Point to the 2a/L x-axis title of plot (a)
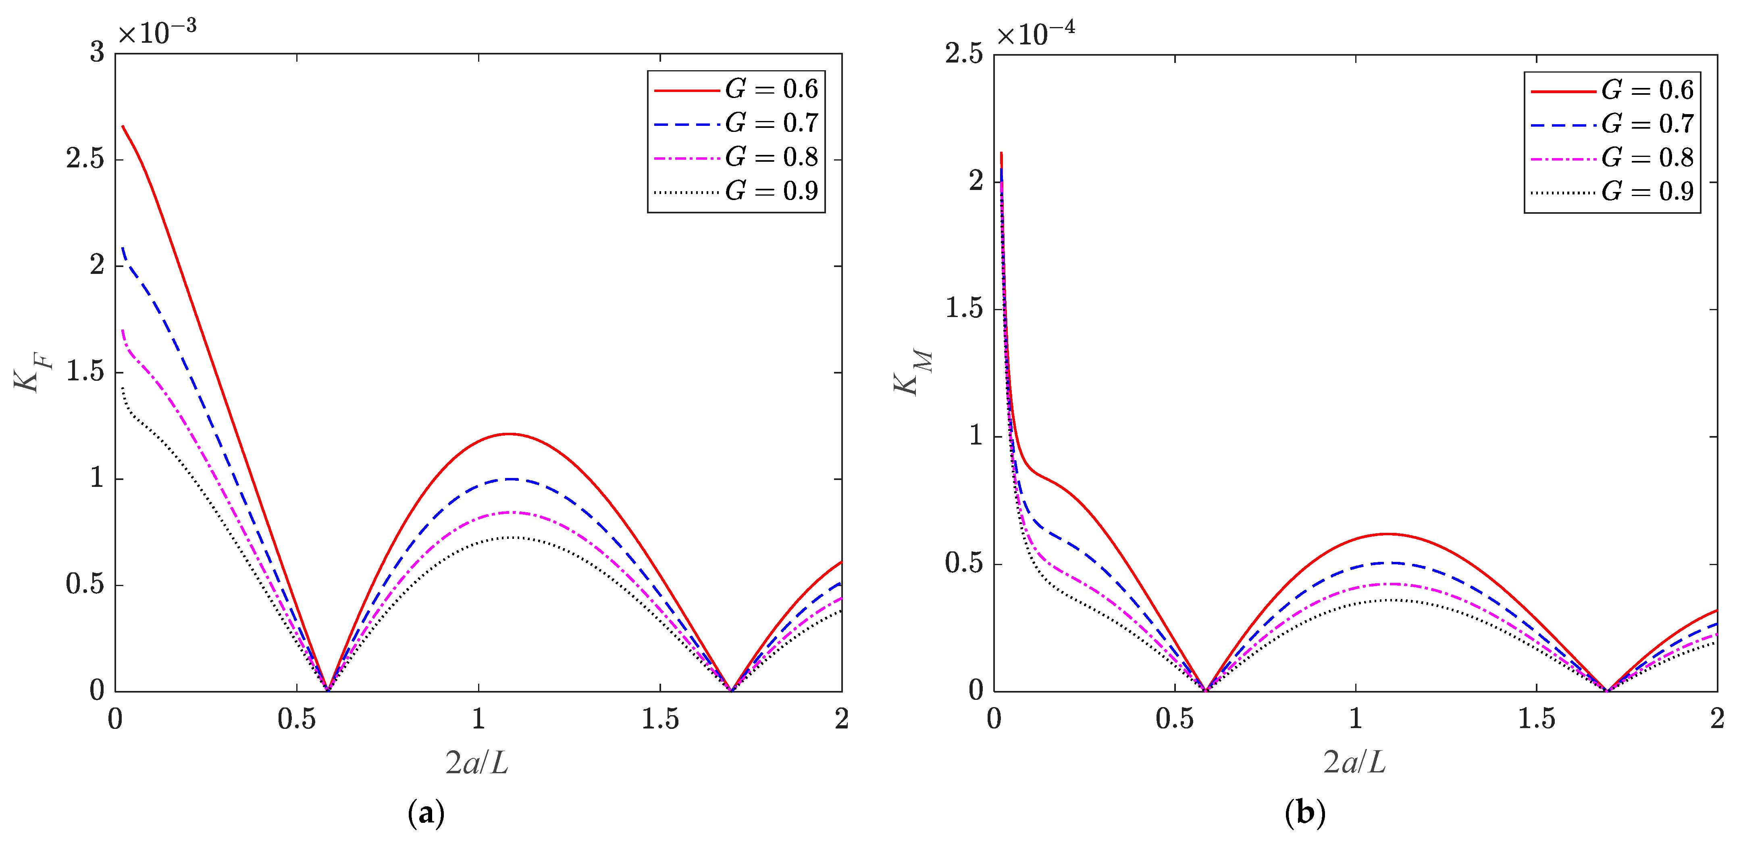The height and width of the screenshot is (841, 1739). (x=476, y=763)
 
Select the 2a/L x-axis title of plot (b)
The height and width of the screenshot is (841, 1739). (x=1354, y=763)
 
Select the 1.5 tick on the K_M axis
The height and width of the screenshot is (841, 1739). (x=964, y=309)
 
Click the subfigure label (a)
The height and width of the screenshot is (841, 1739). (x=426, y=813)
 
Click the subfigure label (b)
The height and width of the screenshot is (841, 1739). (x=1304, y=813)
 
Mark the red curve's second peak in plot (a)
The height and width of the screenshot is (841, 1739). (x=509, y=434)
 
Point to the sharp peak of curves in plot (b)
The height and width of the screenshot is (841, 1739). (x=1001, y=153)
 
